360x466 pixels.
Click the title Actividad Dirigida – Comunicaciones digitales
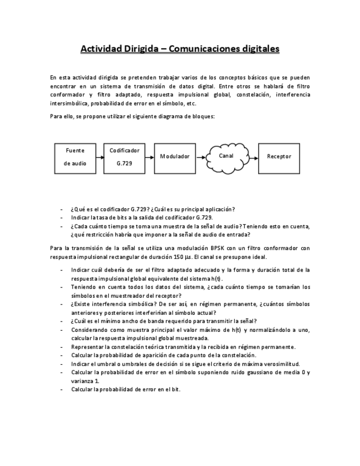[x=180, y=49]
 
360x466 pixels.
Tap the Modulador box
[x=175, y=157]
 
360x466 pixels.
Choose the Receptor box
[x=279, y=157]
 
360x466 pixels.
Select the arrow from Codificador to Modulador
[x=149, y=157]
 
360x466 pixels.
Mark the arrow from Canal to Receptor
[x=253, y=157]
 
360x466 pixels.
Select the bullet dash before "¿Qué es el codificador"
[x=61, y=209]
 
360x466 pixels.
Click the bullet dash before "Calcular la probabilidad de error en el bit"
[x=61, y=390]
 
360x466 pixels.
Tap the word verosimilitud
[x=280, y=364]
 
